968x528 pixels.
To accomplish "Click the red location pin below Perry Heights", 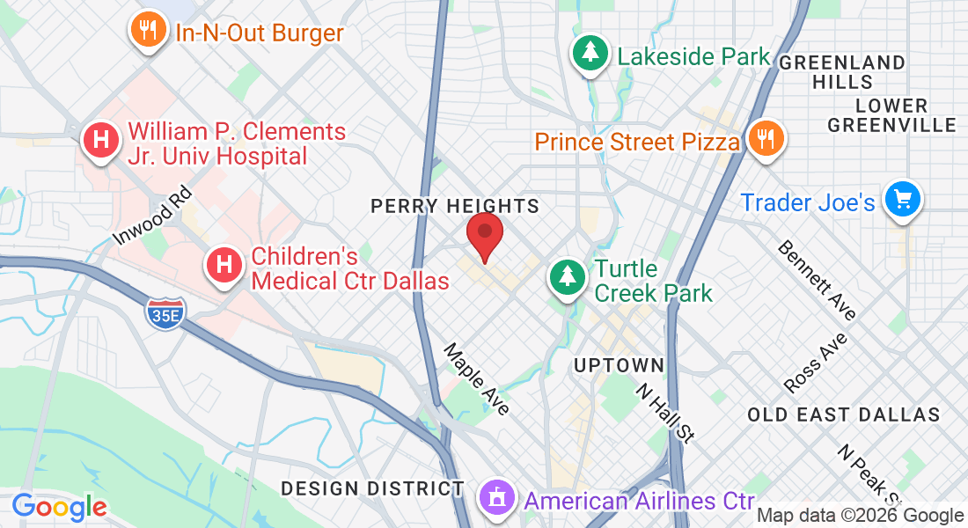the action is (x=484, y=233).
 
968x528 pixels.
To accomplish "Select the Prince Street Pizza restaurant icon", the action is (x=766, y=138).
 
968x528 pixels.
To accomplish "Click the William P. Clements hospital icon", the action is (x=101, y=139).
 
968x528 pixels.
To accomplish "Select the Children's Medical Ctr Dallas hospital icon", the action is (x=224, y=263).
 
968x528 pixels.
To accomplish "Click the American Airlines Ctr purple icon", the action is (x=496, y=498).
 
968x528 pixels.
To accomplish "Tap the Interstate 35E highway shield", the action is (x=166, y=312).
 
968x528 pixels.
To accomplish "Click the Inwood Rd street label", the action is (x=152, y=215).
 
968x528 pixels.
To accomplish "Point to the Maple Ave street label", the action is (x=477, y=378).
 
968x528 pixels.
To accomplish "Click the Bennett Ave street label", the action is (x=817, y=280).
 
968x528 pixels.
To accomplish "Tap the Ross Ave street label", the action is (x=816, y=363).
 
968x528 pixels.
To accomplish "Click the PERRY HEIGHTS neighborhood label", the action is (x=454, y=206).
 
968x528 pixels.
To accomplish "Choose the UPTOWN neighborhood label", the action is (x=618, y=365).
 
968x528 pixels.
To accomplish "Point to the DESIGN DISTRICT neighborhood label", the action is (x=372, y=488).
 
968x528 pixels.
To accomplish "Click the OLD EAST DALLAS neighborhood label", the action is (x=843, y=414).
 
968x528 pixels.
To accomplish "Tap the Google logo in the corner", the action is (x=59, y=508).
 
